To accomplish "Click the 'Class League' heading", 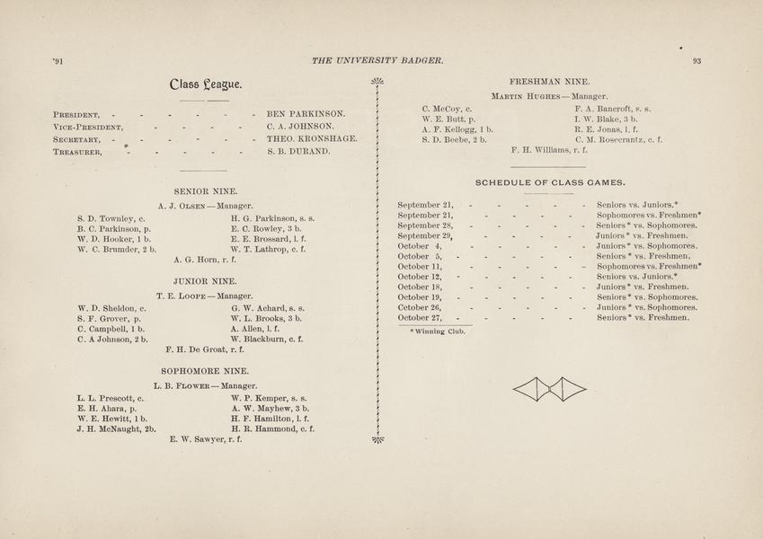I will coord(205,85).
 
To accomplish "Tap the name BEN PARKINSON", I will coord(306,114).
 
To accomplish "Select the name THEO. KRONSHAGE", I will coord(313,139).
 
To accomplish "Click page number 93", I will coord(696,61).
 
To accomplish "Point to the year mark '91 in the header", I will coord(58,61).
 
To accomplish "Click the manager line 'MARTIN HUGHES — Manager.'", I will coord(549,95).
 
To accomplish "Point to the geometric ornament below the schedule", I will coord(549,389).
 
